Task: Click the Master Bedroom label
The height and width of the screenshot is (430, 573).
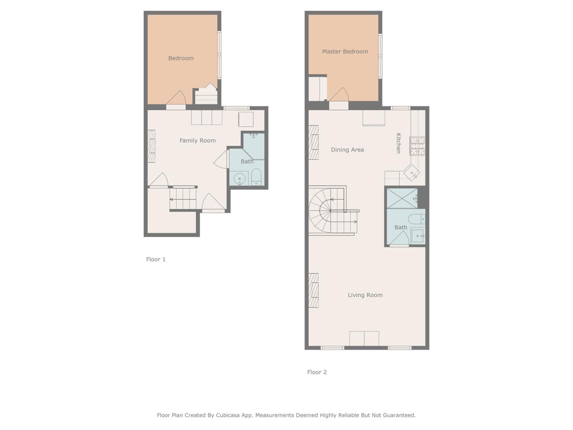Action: (x=345, y=51)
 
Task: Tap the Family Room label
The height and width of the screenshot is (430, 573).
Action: (x=197, y=140)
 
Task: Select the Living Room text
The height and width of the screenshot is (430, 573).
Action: (x=365, y=295)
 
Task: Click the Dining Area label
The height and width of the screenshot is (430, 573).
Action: (x=347, y=150)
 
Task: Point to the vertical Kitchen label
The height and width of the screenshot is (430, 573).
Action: (x=398, y=143)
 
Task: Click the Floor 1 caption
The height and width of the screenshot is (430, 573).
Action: (x=155, y=259)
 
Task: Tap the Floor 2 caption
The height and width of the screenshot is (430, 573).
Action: (x=317, y=372)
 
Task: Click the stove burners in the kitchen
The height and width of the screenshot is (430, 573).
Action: (x=417, y=146)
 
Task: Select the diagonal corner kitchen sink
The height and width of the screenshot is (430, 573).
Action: (x=412, y=173)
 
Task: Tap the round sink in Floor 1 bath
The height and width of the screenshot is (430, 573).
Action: (x=239, y=179)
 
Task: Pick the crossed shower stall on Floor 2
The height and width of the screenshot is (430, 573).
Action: (x=402, y=198)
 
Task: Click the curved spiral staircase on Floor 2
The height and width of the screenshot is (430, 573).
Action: (x=320, y=211)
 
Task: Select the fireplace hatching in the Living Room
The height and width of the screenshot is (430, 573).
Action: (x=313, y=290)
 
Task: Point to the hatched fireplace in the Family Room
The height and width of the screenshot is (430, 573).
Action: (x=151, y=146)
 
